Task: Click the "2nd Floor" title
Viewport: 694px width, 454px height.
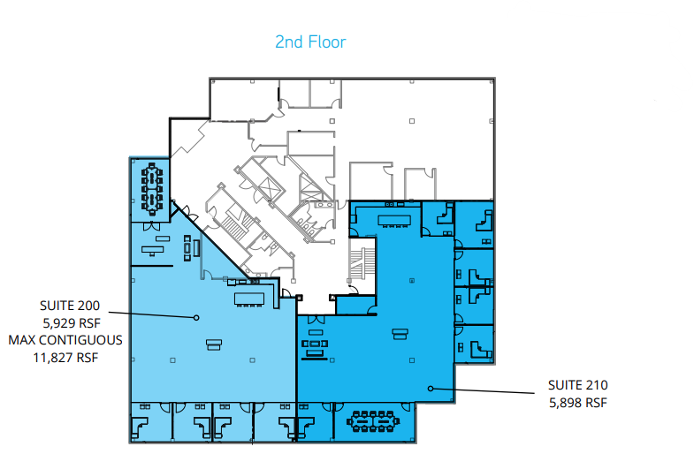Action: pyautogui.click(x=309, y=42)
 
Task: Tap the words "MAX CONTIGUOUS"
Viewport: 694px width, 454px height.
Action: pyautogui.click(x=65, y=340)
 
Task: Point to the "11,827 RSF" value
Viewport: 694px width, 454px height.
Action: pyautogui.click(x=66, y=357)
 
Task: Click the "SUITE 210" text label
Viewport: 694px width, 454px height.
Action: pyautogui.click(x=577, y=385)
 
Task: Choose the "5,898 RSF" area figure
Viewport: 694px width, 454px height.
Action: pyautogui.click(x=577, y=403)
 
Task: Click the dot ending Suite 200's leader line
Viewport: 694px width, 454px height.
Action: pyautogui.click(x=196, y=317)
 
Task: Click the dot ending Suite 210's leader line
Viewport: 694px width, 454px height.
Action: pyautogui.click(x=431, y=388)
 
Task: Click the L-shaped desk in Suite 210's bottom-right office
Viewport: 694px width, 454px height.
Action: pyautogui.click(x=477, y=345)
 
